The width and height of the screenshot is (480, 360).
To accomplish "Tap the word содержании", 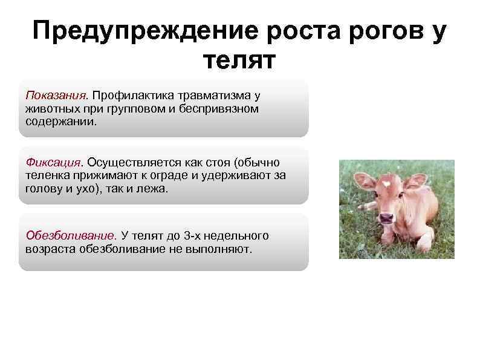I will pos(60,120).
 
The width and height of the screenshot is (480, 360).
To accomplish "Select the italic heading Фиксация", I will pos(53,162).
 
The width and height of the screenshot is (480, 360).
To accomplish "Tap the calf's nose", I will pos(386,216).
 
